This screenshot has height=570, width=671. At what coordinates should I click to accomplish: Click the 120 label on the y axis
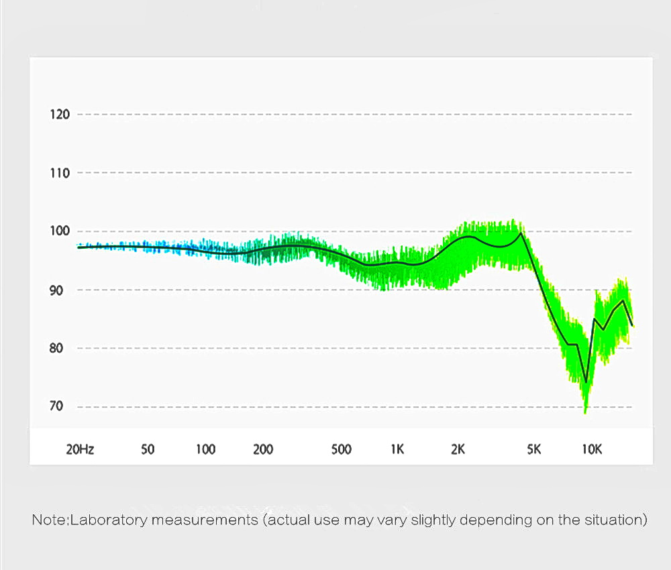(60, 114)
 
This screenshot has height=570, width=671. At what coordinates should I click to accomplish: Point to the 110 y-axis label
(60, 173)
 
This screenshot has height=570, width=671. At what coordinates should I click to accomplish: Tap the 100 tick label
(60, 231)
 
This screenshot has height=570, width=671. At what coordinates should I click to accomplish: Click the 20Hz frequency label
(80, 449)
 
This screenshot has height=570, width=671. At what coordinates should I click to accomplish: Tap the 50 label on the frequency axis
(148, 449)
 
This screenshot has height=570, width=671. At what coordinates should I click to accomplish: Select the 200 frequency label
(263, 449)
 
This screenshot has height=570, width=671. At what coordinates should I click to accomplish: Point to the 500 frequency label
(342, 449)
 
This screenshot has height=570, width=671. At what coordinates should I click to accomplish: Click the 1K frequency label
(397, 449)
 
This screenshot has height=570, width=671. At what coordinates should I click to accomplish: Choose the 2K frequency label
(458, 449)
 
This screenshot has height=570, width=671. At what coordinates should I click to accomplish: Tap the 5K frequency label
(533, 449)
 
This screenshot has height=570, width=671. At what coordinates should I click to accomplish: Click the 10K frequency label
(592, 449)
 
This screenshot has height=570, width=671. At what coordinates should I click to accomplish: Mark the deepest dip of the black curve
(586, 382)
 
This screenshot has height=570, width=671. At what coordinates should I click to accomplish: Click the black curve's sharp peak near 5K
(521, 233)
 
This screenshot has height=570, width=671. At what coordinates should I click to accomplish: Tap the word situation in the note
(619, 520)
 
